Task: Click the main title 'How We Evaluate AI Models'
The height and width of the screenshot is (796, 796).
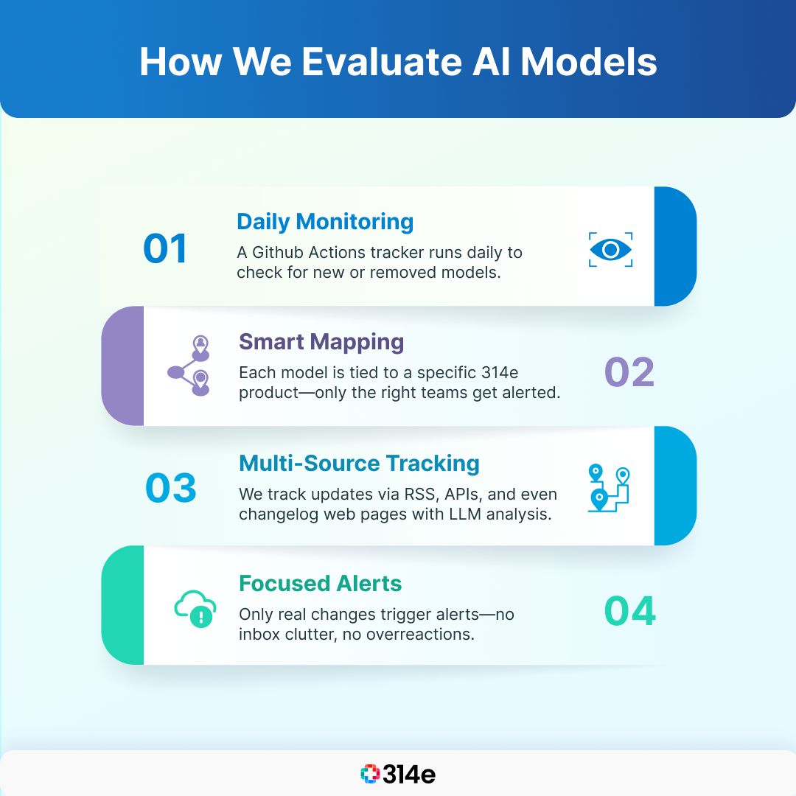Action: [398, 62]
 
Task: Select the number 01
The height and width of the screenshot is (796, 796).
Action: [166, 248]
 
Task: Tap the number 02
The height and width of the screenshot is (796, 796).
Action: [629, 372]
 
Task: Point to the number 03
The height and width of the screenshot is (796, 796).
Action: [171, 488]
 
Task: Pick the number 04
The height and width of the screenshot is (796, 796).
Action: [629, 611]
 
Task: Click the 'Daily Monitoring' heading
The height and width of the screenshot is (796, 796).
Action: [325, 222]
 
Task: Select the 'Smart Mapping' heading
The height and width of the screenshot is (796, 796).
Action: [321, 342]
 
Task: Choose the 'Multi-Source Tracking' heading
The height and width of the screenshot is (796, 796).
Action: [359, 464]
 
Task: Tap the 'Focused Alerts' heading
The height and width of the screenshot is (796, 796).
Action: [320, 584]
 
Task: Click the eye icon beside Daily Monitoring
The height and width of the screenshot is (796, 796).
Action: [610, 250]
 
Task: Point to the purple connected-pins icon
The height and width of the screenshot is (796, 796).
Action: [189, 366]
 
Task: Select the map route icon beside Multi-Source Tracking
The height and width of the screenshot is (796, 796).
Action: [610, 487]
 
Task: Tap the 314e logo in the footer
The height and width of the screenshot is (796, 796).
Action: [398, 774]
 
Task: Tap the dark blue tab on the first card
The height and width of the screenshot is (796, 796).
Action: [675, 246]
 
